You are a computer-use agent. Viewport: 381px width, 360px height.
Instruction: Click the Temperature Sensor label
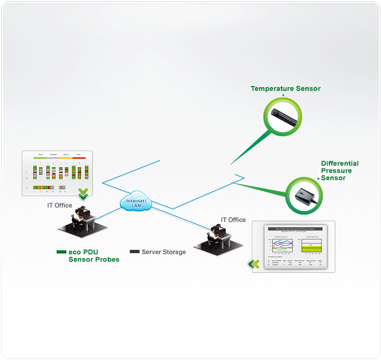click(285, 88)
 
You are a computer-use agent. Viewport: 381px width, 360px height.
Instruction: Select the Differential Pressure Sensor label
click(340, 170)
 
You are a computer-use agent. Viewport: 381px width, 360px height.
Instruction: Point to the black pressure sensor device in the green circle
click(303, 196)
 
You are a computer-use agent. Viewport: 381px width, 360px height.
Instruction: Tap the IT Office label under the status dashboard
click(60, 205)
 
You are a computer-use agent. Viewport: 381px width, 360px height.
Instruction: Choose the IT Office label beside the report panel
click(233, 219)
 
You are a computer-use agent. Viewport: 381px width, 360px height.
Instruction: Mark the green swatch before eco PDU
click(61, 252)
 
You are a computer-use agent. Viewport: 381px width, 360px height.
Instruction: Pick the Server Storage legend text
click(163, 252)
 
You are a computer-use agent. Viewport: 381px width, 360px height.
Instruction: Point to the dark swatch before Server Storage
click(134, 252)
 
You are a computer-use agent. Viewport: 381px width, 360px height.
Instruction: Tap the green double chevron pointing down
click(83, 193)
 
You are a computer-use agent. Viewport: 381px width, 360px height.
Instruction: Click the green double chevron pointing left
click(254, 264)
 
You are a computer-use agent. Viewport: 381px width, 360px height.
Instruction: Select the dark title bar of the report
click(294, 229)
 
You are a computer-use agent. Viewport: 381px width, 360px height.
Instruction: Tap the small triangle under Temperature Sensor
click(284, 95)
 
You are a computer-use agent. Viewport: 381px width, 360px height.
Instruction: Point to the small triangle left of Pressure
click(318, 178)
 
